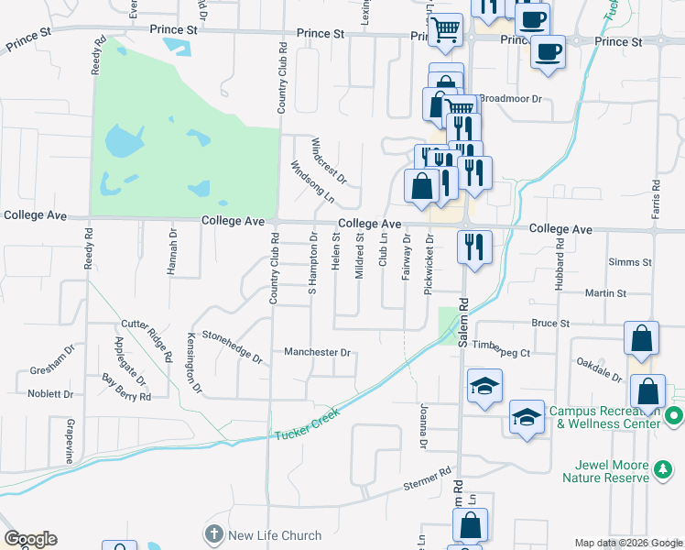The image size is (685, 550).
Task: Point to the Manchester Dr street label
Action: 318,352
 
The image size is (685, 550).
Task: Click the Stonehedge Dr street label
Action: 232,347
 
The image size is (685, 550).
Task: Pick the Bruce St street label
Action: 551,324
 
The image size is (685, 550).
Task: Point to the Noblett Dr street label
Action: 50,394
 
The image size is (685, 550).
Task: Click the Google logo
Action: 30,539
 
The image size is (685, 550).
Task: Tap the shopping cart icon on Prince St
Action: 445,29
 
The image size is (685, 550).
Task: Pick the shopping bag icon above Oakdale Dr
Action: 642,339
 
